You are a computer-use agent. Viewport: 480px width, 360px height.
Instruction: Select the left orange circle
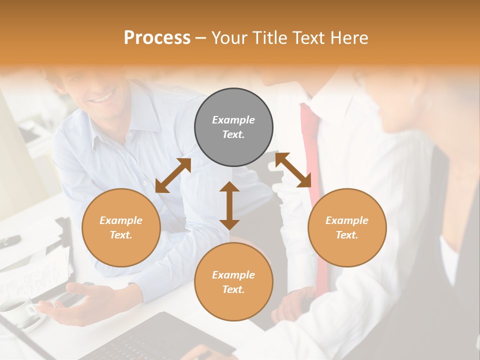121,227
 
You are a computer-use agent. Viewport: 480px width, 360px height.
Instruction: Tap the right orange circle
347,227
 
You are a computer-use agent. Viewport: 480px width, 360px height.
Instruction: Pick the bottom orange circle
233,282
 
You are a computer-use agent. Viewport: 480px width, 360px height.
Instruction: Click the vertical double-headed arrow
229,205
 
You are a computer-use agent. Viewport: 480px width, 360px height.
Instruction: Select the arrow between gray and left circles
173,175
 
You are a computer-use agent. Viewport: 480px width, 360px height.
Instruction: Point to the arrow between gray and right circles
293,170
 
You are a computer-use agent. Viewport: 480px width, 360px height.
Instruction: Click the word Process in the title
157,37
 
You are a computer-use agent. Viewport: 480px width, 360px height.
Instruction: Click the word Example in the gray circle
233,120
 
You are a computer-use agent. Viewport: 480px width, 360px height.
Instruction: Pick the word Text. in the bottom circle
233,289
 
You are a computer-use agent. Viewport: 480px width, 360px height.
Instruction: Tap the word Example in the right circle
347,220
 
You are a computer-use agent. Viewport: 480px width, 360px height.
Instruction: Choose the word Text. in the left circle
121,235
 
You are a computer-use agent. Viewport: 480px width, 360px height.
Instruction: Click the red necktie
312,150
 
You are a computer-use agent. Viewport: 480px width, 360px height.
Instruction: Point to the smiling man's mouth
102,97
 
